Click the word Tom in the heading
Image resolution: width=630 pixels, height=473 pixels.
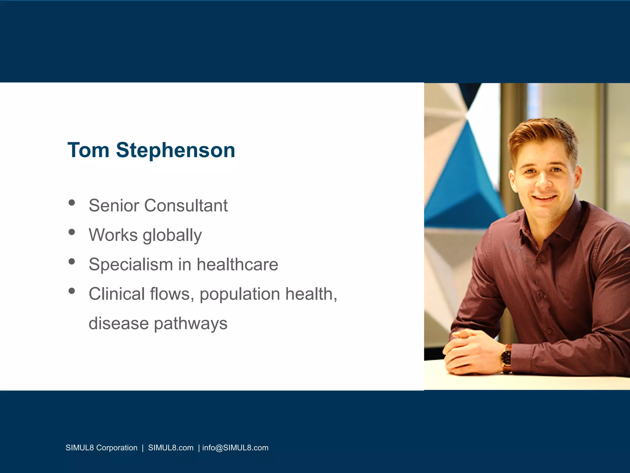coord(88,150)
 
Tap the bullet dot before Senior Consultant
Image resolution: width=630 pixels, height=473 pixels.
coord(72,203)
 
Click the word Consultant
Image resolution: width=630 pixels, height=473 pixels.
coord(186,205)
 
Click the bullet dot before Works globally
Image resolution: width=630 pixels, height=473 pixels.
coord(72,232)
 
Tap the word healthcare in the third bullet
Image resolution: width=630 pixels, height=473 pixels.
coord(237,265)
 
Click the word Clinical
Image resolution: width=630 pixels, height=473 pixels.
coord(117,294)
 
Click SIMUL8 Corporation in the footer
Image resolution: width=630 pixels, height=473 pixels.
coord(101,448)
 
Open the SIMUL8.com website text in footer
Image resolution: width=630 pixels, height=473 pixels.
coord(171,448)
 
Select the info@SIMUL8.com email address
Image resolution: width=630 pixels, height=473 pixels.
coord(235,448)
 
